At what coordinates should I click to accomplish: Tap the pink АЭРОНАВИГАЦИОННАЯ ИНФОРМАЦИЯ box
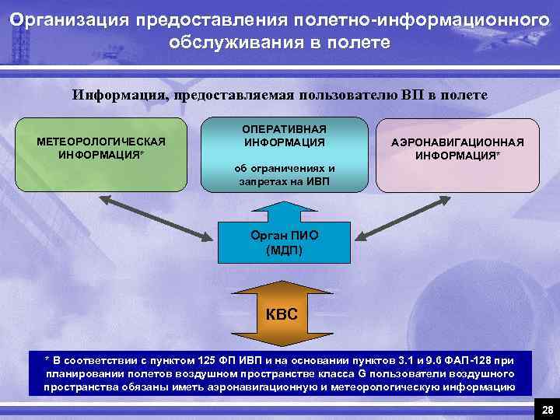[x=457, y=155]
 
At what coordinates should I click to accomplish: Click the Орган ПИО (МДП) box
[x=284, y=242]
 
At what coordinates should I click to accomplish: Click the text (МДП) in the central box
[x=285, y=250]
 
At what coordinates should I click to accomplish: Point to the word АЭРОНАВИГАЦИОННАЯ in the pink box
[x=457, y=142]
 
